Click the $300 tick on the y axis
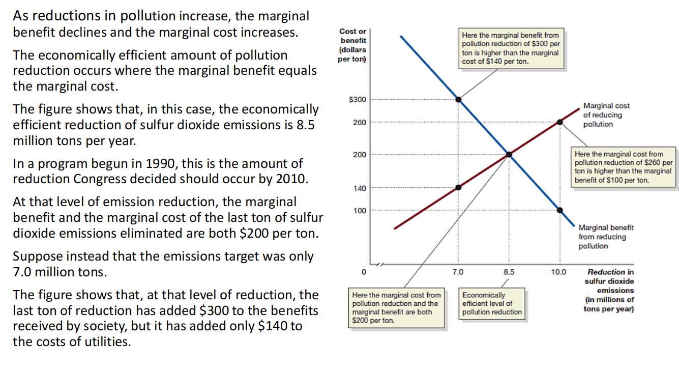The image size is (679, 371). pos(357,99)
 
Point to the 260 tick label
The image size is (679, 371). pos(359,123)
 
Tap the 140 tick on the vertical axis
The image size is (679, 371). pos(359,188)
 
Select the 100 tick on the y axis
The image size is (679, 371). pos(359,210)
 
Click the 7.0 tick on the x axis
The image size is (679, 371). pos(458,272)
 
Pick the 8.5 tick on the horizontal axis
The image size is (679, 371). pos(509,272)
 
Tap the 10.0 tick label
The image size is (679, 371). pos(558,272)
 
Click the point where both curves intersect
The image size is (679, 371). pos(509,154)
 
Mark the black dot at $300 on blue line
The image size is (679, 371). pos(458,99)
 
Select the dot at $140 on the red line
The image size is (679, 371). pos(458,187)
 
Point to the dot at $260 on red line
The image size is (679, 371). pos(560,122)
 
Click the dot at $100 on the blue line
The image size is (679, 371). pos(560,210)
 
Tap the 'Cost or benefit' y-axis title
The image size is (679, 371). pos(352,45)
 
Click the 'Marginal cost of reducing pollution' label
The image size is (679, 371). pos(606,115)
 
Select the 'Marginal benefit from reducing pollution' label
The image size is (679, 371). pos(605,237)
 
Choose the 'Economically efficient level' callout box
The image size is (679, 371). pos(491,304)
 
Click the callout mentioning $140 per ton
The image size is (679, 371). pos(510,48)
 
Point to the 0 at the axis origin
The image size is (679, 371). pos(363,272)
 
